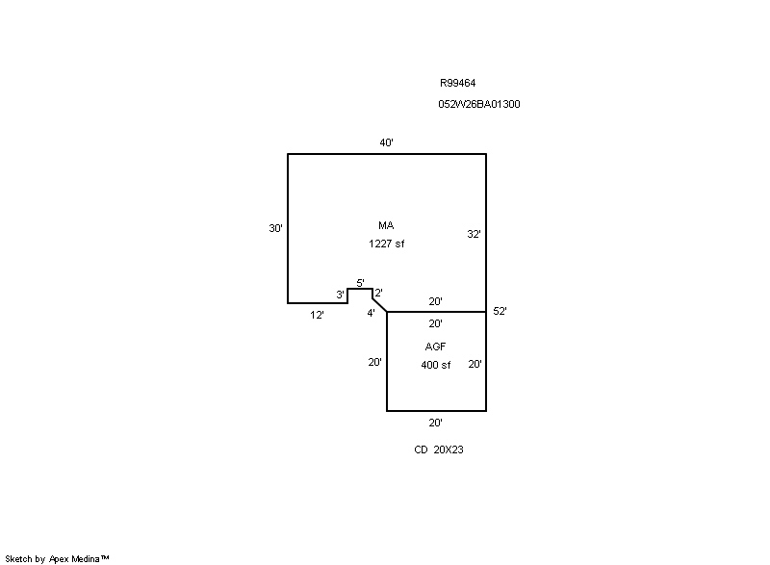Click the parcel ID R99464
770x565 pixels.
pos(458,83)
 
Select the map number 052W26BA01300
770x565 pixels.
pos(478,104)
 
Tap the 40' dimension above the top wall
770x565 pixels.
pos(387,142)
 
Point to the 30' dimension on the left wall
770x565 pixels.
pos(275,228)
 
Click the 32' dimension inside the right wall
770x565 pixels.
pos(474,234)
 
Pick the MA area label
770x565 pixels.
pos(386,225)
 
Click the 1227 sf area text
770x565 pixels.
pos(387,244)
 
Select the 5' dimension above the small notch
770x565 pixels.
pos(360,283)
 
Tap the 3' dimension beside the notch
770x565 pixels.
pos(340,295)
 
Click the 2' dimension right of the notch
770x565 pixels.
pos(378,293)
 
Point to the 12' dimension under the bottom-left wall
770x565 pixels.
pos(317,315)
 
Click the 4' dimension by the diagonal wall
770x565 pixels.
pos(371,313)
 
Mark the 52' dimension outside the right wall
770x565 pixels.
pos(500,311)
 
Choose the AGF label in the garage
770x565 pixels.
pos(435,347)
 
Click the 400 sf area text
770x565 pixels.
pos(436,365)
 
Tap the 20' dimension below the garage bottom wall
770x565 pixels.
pos(435,423)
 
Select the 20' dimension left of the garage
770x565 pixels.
pos(374,362)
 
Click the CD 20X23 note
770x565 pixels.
pos(439,449)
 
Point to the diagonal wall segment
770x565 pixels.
pos(379,304)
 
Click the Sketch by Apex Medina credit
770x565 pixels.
pos(57,558)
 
